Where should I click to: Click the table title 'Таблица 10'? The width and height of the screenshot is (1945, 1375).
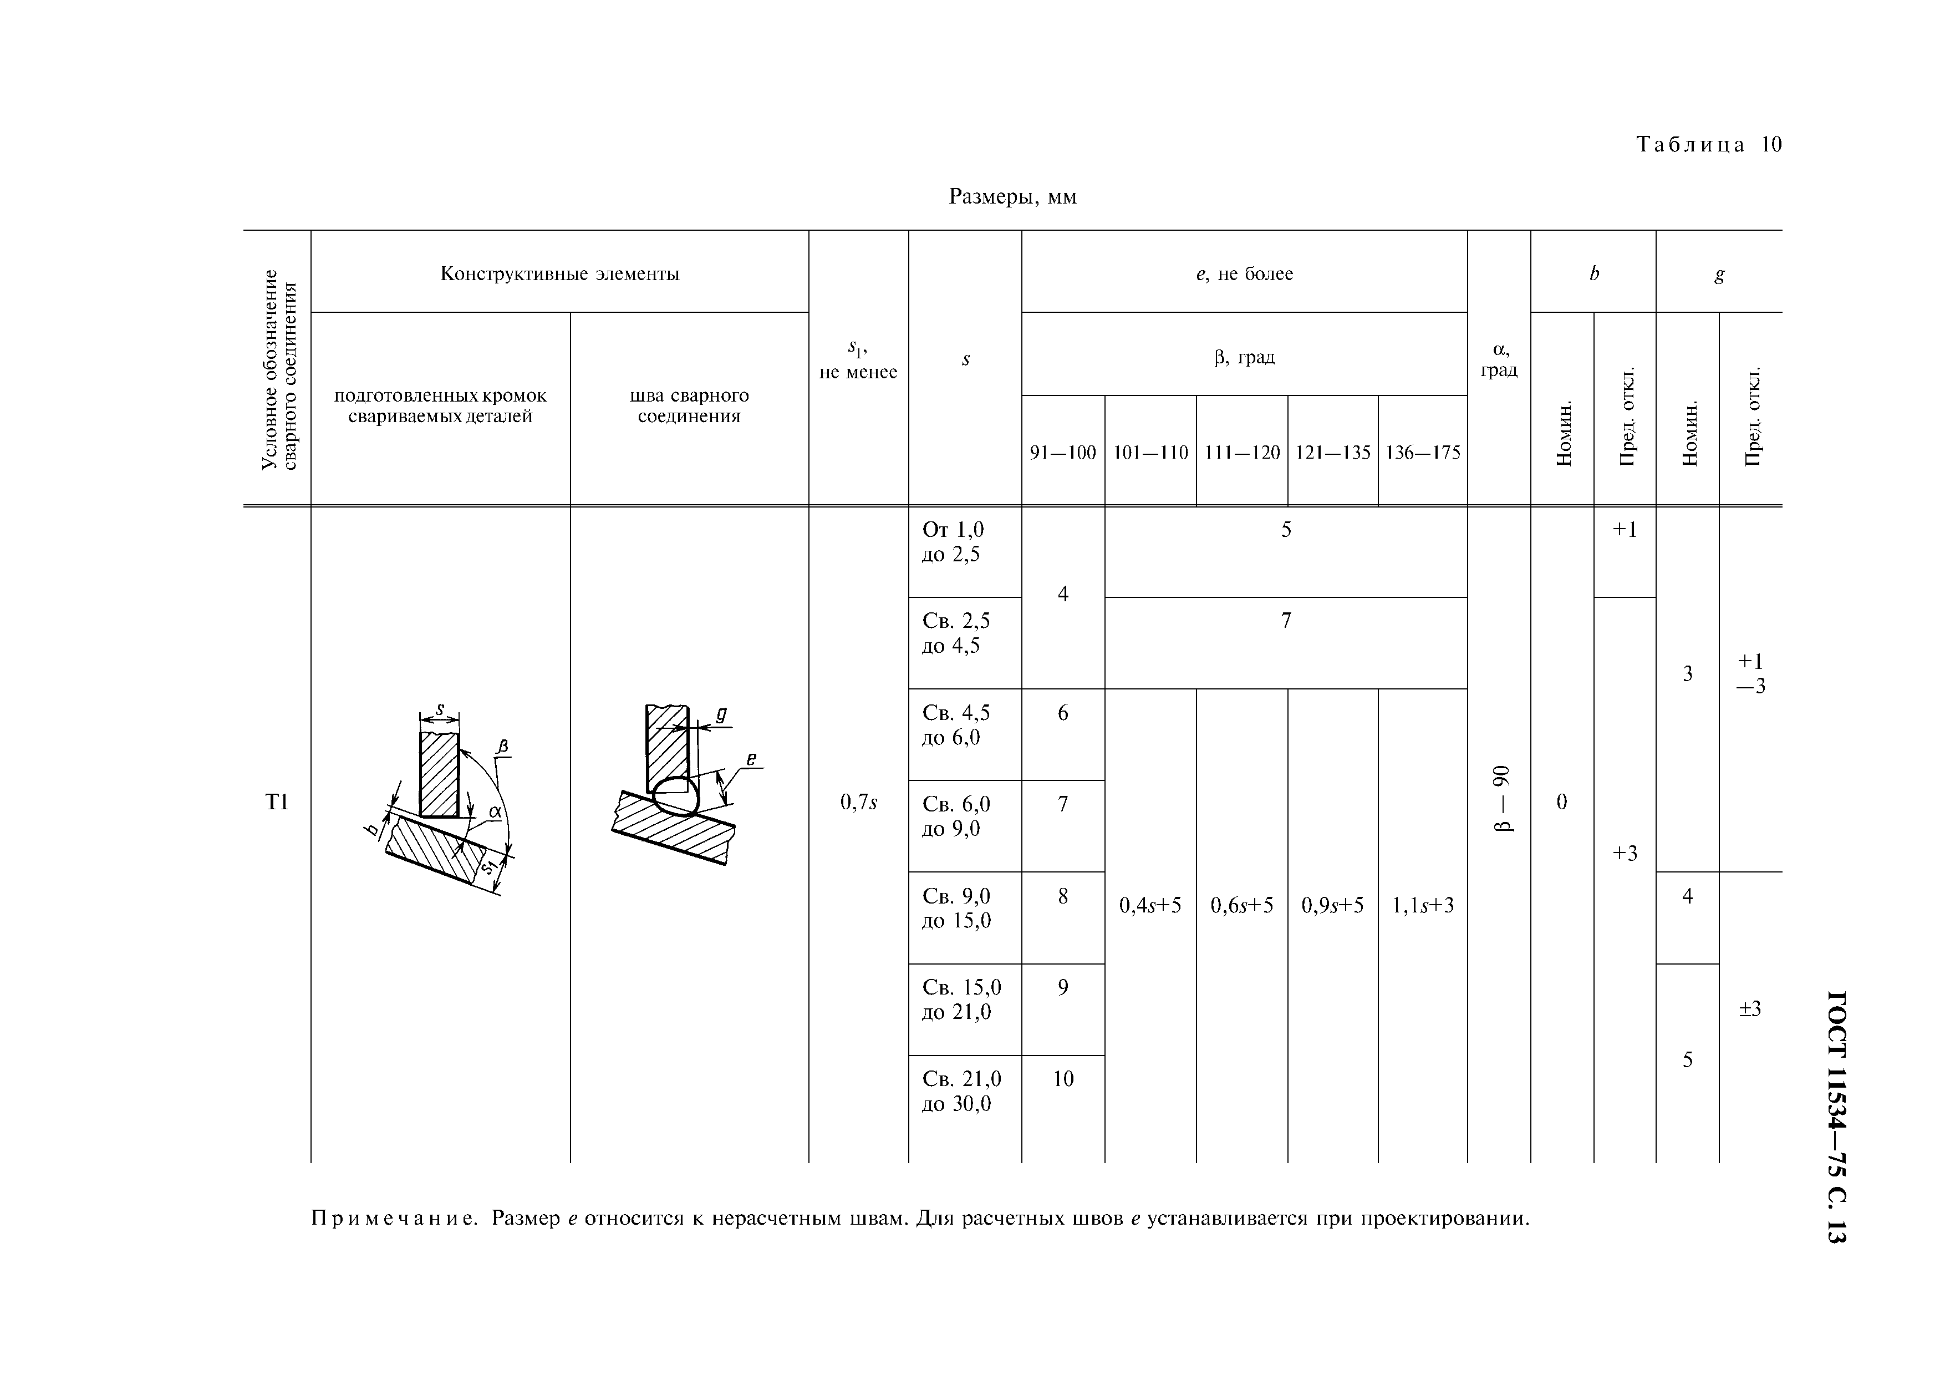point(1709,145)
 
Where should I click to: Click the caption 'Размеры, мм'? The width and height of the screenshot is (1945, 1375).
point(1012,197)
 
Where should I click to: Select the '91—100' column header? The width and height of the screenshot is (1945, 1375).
point(1062,453)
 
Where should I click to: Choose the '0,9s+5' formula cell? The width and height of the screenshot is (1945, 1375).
point(1332,906)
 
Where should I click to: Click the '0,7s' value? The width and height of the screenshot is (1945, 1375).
point(858,802)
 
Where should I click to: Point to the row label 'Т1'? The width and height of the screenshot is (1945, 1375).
point(277,802)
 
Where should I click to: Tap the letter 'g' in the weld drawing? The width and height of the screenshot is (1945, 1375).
point(722,714)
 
